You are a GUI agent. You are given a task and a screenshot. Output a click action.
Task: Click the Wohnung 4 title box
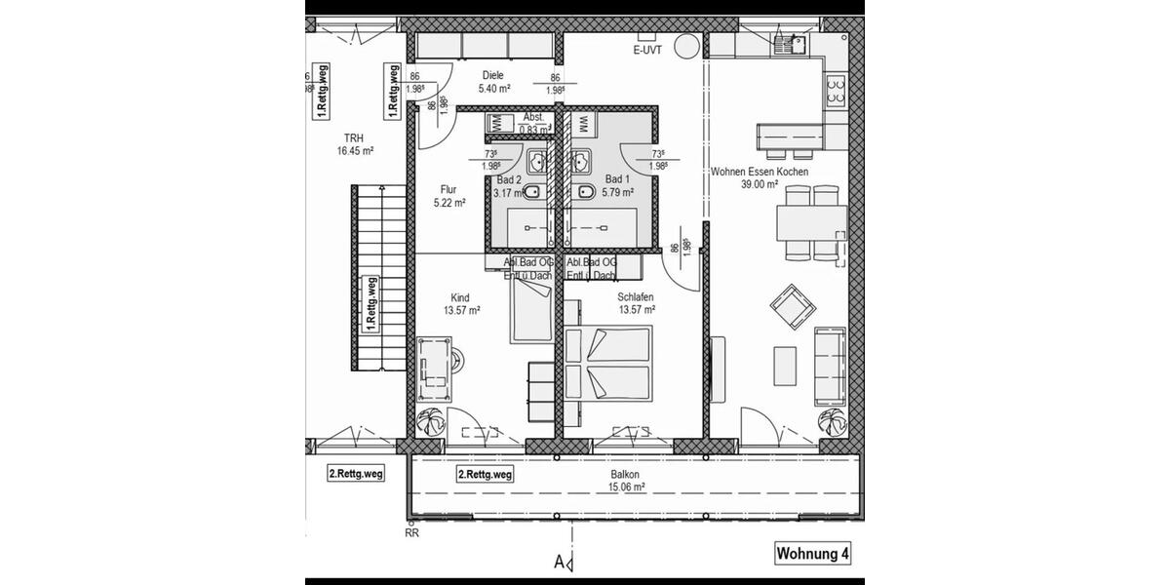click(x=812, y=554)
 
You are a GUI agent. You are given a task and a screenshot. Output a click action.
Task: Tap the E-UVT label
click(x=647, y=51)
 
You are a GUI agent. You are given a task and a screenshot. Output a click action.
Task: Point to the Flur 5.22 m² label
click(x=448, y=196)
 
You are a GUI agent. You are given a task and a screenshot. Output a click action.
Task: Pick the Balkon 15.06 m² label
click(x=626, y=481)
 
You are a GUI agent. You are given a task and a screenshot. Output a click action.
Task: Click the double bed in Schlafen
click(x=607, y=363)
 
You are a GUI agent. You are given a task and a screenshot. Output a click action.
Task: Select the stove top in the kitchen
click(x=836, y=91)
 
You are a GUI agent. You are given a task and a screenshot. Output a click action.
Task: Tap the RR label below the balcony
click(x=411, y=532)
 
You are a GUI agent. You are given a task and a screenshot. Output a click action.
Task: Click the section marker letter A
click(x=560, y=562)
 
